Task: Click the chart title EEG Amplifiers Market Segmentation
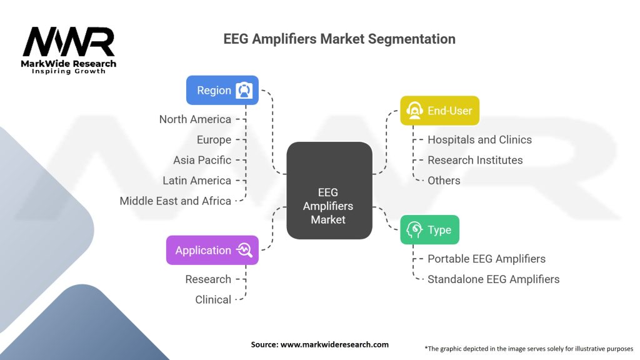339,39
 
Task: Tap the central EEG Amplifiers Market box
329,191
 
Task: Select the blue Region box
222,90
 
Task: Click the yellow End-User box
439,111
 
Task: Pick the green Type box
429,229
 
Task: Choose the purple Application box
212,250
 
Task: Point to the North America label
195,119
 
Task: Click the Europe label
214,139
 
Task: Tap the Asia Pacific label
202,160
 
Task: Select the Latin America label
197,181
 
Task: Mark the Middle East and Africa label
176,201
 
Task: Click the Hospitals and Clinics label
479,139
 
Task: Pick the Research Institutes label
475,160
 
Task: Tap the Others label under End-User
444,181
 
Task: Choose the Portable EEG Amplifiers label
486,259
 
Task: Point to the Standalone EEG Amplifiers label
493,279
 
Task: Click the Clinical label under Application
213,300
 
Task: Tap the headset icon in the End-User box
414,111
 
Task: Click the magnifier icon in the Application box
244,250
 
